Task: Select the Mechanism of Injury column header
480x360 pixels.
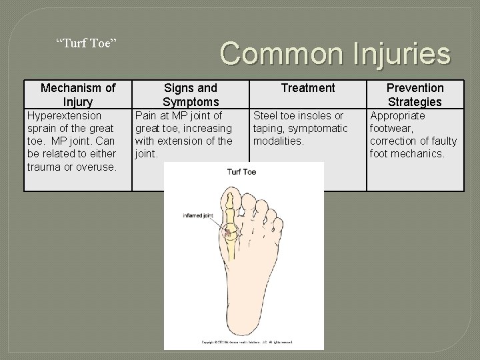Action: (78, 95)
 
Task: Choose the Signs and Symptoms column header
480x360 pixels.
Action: (191, 95)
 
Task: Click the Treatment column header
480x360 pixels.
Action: (308, 88)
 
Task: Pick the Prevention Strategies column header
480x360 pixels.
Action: (415, 95)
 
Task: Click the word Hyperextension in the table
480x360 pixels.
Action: (64, 116)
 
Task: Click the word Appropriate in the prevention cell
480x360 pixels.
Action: (397, 116)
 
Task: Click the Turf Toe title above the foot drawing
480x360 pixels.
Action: (242, 172)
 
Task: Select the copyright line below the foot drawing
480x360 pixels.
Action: (244, 342)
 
